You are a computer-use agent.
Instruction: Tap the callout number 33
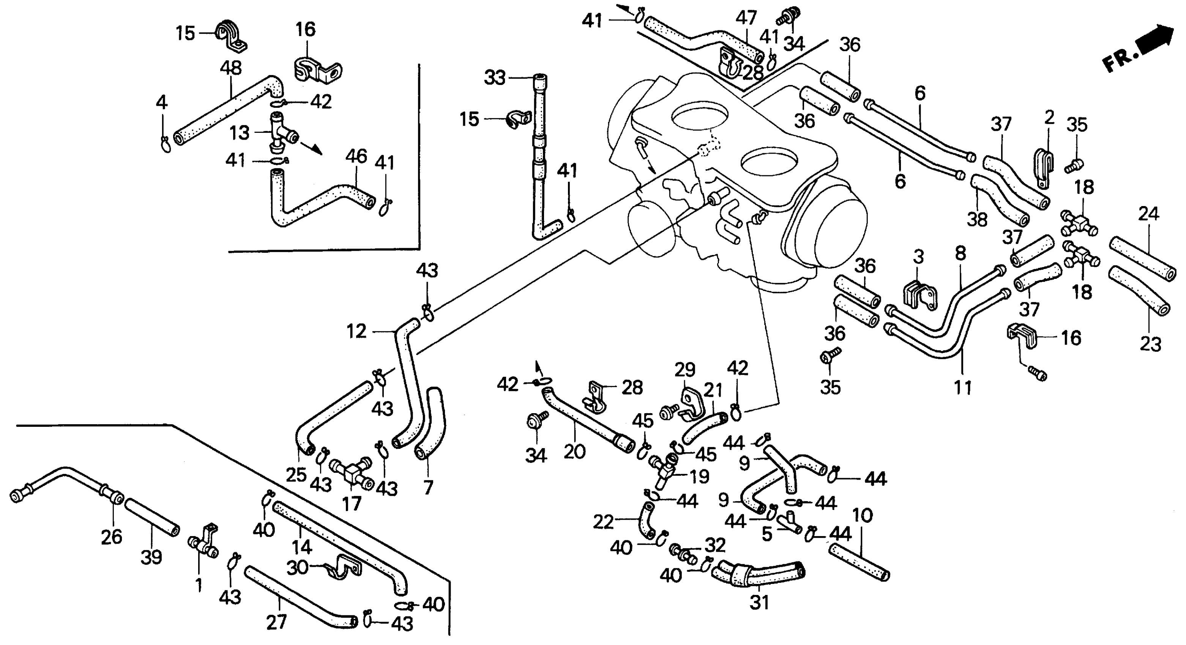(494, 78)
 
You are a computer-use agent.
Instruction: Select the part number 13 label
(240, 133)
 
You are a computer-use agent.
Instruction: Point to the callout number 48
(231, 68)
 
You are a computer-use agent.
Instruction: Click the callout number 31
(759, 602)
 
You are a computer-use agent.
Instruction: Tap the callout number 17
(352, 504)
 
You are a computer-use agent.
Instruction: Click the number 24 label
(1149, 214)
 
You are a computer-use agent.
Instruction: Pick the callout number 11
(962, 387)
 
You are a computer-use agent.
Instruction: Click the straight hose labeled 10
(859, 562)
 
